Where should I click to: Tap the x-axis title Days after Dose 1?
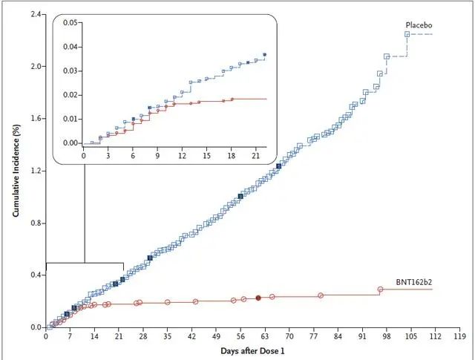point(251,349)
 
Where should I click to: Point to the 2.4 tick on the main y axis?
point(36,14)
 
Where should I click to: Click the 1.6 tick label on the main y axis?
point(36,119)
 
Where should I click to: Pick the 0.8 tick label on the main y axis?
point(36,223)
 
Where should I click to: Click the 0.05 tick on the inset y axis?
point(71,23)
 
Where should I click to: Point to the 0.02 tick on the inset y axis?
point(71,95)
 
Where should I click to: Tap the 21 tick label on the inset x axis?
point(255,157)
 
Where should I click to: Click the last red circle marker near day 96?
point(380,289)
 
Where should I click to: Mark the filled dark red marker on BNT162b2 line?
point(258,298)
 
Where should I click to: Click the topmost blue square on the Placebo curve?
point(407,34)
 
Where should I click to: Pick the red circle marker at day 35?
point(168,302)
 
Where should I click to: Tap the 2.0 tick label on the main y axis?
point(36,67)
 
